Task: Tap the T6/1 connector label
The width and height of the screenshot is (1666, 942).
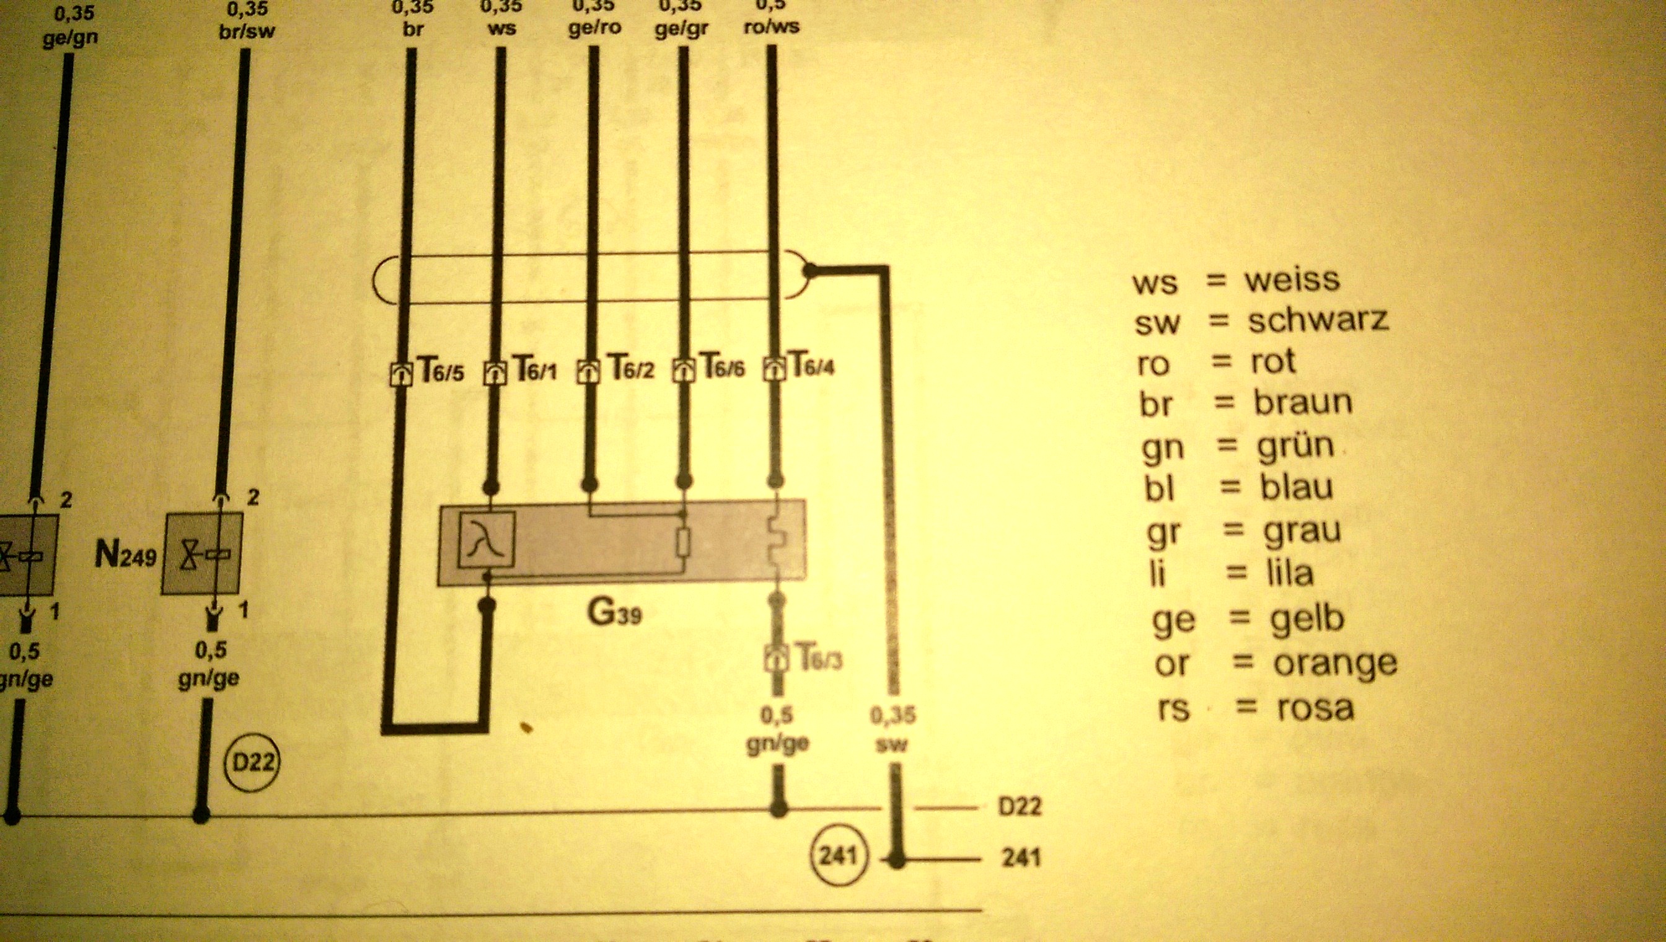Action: tap(535, 369)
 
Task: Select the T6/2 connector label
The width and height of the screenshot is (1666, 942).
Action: tap(632, 368)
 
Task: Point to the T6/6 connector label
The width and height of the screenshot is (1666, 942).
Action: tap(722, 367)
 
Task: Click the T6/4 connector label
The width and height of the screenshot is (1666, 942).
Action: tap(813, 366)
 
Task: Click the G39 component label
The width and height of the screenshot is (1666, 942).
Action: tap(614, 612)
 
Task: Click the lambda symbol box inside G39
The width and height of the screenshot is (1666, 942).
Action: tap(487, 539)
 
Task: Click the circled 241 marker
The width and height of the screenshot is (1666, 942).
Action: tap(838, 855)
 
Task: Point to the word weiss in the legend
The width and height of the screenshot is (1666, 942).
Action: tap(1292, 280)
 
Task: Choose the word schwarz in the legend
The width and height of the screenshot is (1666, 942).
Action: tap(1318, 320)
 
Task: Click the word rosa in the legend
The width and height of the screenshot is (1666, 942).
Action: tap(1315, 708)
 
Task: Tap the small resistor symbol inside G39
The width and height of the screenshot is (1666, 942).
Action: tap(682, 542)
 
